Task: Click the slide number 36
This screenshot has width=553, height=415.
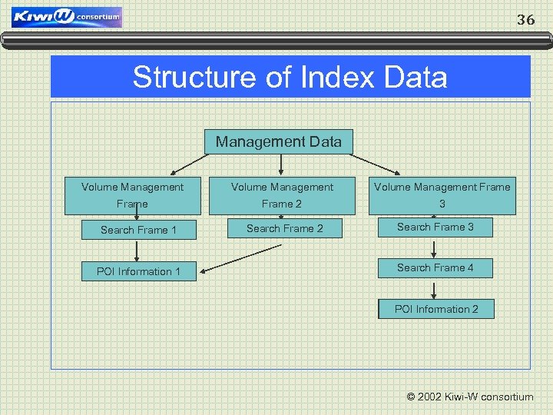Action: [525, 20]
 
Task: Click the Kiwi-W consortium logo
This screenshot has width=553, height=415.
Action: [67, 18]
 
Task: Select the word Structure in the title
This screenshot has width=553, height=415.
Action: [179, 78]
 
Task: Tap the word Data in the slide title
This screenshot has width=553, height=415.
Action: [417, 78]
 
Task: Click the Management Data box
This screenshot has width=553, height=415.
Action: [279, 141]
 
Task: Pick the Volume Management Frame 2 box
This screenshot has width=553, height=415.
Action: [282, 195]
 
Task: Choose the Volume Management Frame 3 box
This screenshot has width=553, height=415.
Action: [442, 195]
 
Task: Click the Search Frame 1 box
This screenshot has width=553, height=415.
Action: [138, 229]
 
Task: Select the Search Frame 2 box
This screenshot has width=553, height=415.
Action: [284, 228]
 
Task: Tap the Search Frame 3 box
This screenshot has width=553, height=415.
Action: [435, 227]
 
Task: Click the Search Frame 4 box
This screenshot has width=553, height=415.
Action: [435, 267]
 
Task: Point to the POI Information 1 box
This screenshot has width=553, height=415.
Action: [138, 271]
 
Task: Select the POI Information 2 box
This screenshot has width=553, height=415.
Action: [436, 309]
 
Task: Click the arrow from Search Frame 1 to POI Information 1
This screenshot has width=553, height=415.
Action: [137, 251]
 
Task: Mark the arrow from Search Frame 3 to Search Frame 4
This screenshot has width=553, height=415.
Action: [435, 247]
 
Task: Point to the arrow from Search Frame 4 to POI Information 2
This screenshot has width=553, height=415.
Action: [435, 289]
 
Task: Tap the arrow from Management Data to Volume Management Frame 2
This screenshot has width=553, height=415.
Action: [280, 164]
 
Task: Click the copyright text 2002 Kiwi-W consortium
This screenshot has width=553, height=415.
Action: [469, 397]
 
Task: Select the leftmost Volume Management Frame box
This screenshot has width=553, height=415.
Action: [132, 195]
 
